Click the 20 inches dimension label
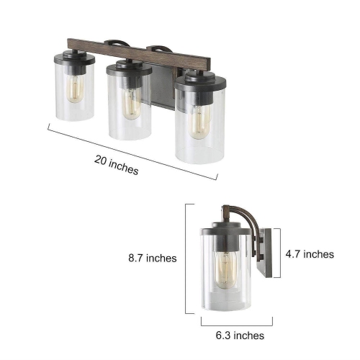tap(116, 166)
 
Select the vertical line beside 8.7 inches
tap(187, 259)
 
